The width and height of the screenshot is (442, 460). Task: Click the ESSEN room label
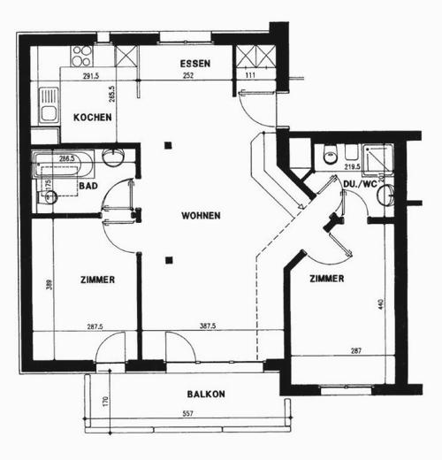pyautogui.click(x=195, y=64)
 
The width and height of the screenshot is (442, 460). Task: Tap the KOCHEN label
pyautogui.click(x=93, y=118)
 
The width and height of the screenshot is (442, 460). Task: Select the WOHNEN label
pyautogui.click(x=201, y=216)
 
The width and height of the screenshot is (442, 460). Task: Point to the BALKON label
pyautogui.click(x=206, y=394)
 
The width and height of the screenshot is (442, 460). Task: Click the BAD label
pyautogui.click(x=88, y=186)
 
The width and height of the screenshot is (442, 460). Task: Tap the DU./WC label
pyautogui.click(x=360, y=184)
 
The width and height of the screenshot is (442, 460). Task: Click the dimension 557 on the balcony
pyautogui.click(x=187, y=413)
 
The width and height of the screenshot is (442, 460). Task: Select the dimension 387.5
pyautogui.click(x=208, y=326)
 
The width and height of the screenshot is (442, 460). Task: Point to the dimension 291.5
pyautogui.click(x=91, y=76)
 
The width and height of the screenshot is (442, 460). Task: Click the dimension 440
pyautogui.click(x=381, y=304)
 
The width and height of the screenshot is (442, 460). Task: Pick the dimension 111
pyautogui.click(x=250, y=75)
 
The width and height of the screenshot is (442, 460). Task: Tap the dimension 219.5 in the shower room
pyautogui.click(x=353, y=166)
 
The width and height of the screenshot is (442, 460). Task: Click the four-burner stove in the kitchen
pyautogui.click(x=81, y=56)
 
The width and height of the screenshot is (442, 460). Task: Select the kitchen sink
pyautogui.click(x=49, y=105)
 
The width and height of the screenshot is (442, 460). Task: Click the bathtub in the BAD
pyautogui.click(x=64, y=165)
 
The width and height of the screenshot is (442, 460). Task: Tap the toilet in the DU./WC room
pyautogui.click(x=331, y=154)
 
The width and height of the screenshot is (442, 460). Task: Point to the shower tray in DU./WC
pyautogui.click(x=377, y=159)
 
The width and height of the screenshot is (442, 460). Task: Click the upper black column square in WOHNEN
pyautogui.click(x=168, y=145)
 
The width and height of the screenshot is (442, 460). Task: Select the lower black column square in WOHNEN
pyautogui.click(x=169, y=260)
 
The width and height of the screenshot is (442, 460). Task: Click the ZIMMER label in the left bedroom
pyautogui.click(x=98, y=280)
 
